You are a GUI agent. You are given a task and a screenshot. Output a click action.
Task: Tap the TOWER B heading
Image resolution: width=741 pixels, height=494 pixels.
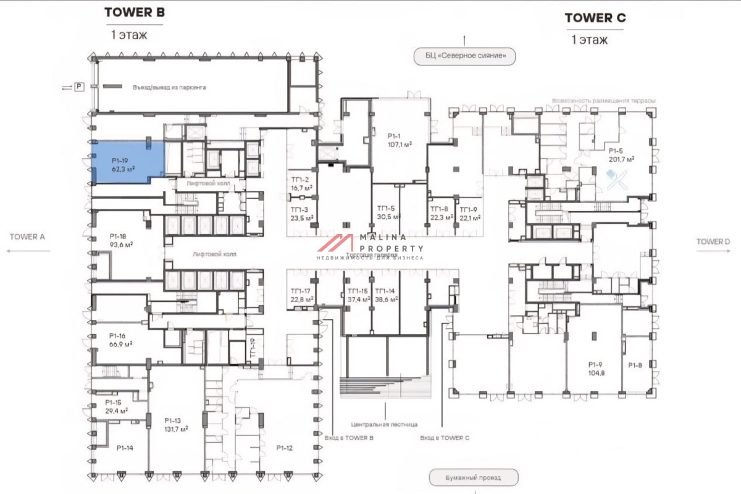(x=134, y=12)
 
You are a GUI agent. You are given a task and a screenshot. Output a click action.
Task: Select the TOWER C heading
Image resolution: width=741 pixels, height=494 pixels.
(x=595, y=18)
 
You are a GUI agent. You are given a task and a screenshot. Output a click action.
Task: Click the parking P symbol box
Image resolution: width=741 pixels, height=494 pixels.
(x=79, y=88)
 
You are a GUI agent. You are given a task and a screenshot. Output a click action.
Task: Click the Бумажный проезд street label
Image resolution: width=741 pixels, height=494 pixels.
(x=474, y=477)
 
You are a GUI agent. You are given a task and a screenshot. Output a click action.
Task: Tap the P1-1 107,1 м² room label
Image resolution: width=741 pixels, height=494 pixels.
(x=400, y=140)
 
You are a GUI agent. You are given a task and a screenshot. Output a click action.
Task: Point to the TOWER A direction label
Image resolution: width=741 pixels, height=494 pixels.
(x=28, y=237)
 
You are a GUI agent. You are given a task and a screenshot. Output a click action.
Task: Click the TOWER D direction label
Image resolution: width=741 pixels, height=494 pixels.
(x=713, y=241)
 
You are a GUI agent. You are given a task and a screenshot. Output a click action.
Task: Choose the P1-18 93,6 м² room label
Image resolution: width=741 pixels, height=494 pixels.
(x=121, y=240)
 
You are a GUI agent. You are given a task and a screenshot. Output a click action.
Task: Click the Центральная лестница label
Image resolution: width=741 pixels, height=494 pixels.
(x=384, y=424)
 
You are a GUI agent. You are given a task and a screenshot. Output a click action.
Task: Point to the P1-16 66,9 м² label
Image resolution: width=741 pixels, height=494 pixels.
(x=121, y=340)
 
